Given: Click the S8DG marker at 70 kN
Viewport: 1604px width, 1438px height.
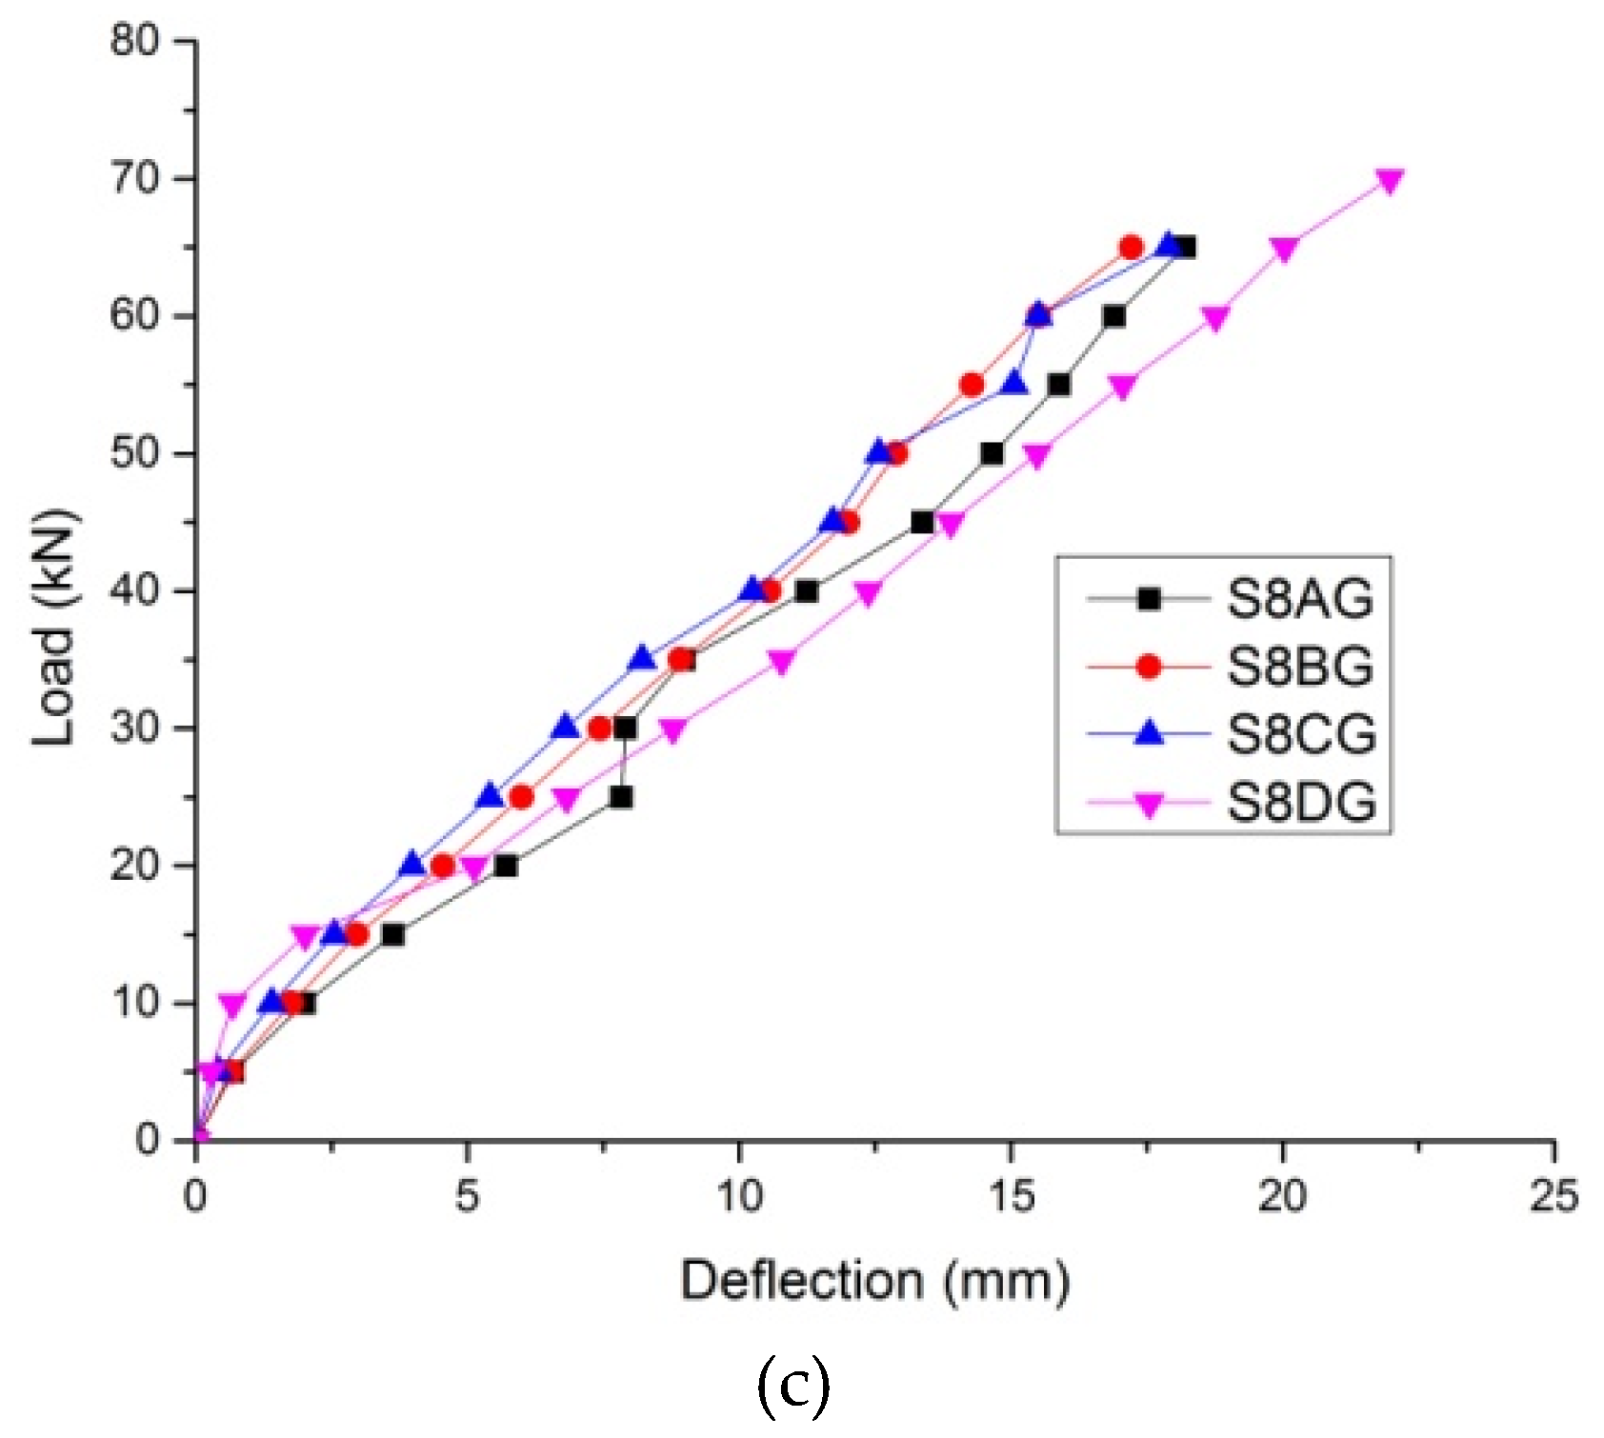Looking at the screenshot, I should pyautogui.click(x=1390, y=181).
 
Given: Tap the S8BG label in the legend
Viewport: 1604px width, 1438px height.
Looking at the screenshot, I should pyautogui.click(x=1298, y=667).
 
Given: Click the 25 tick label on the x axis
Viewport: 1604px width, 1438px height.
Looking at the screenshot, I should pyautogui.click(x=1554, y=1197).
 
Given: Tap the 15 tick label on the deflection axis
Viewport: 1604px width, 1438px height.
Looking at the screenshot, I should pyautogui.click(x=1011, y=1197).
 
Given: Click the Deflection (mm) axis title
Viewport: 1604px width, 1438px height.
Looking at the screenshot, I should pyautogui.click(x=874, y=1281).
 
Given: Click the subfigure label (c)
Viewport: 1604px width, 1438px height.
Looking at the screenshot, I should pyautogui.click(x=792, y=1386).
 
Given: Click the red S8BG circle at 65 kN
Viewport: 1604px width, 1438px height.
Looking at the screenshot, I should pyautogui.click(x=1131, y=248).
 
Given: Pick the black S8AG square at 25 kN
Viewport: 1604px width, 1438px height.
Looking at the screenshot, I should pyautogui.click(x=621, y=797).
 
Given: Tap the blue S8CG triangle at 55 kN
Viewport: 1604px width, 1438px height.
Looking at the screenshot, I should pyautogui.click(x=1014, y=383).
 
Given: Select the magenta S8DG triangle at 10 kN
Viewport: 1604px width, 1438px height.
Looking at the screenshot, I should pyautogui.click(x=232, y=1004).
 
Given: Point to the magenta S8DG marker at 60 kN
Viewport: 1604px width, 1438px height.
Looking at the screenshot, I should pyautogui.click(x=1215, y=318).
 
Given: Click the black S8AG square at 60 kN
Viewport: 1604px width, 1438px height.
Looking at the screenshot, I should pyautogui.click(x=1113, y=316).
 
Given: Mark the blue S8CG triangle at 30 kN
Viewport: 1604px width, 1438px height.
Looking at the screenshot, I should pyautogui.click(x=566, y=727).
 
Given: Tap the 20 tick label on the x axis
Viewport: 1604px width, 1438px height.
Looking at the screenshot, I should pyautogui.click(x=1282, y=1197).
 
